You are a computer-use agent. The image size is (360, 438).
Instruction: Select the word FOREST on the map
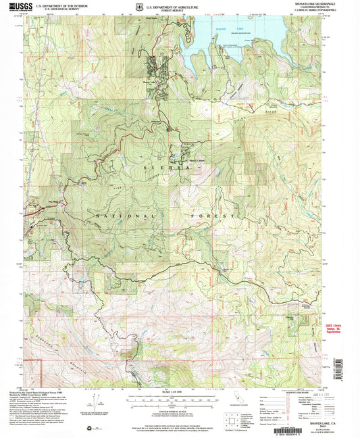click(x=217, y=215)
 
